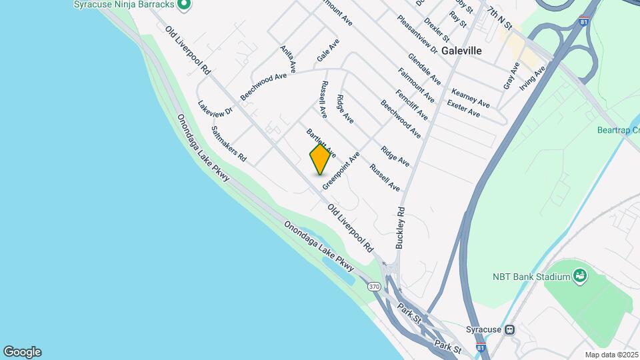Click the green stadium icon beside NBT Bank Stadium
coord(580,275)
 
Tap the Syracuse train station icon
coord(509,329)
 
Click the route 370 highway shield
coord(374,286)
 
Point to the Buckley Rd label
coord(401,227)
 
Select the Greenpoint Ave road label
coord(341,171)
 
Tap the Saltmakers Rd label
coord(229,144)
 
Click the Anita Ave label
coord(288,59)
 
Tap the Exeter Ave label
coord(463,109)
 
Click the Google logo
coord(22,352)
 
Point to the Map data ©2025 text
coord(611,355)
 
